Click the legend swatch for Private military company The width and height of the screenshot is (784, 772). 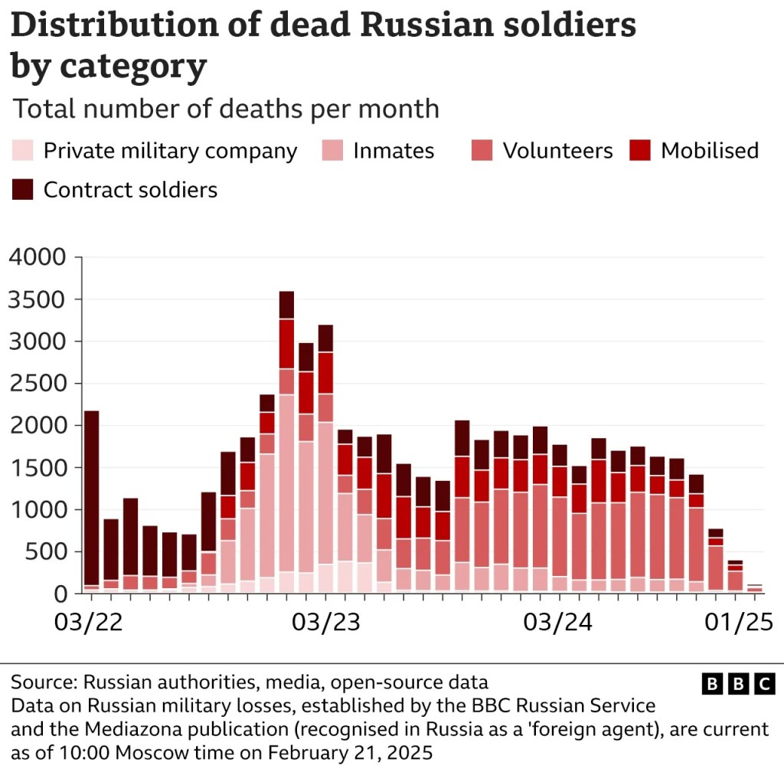coord(22,150)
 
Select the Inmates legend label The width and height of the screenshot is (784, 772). coord(394,151)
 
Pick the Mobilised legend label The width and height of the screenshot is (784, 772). coord(710,150)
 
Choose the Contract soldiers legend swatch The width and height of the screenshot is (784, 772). coord(22,189)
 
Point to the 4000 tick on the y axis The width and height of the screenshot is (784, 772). coord(38,257)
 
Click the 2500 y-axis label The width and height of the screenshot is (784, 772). coord(38,384)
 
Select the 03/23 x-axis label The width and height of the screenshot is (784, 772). coord(325,622)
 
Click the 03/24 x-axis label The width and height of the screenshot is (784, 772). coord(557,622)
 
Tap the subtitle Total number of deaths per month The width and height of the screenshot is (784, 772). coord(226,109)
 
